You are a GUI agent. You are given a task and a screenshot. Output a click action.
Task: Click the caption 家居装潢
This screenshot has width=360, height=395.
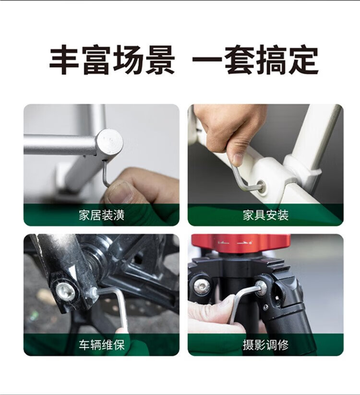102,215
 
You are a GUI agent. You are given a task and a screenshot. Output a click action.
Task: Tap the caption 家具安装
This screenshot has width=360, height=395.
265,215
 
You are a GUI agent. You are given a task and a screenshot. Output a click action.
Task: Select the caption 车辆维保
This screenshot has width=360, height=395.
102,345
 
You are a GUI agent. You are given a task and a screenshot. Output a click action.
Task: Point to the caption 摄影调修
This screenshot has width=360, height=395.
265,345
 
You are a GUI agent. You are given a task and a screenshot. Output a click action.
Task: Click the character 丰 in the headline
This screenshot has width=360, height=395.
64,60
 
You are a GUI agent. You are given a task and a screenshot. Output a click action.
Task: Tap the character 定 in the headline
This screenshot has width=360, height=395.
303,60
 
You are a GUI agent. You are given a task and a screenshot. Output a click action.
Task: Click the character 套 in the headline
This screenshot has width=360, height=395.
240,60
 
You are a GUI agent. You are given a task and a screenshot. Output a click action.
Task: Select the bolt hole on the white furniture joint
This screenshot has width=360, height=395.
262,187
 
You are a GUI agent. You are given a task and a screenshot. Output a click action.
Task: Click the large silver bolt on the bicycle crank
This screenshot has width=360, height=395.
65,291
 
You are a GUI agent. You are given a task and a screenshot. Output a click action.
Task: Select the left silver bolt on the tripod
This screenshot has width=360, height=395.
202,286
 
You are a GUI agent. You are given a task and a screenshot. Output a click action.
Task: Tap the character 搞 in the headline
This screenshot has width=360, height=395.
271,60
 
